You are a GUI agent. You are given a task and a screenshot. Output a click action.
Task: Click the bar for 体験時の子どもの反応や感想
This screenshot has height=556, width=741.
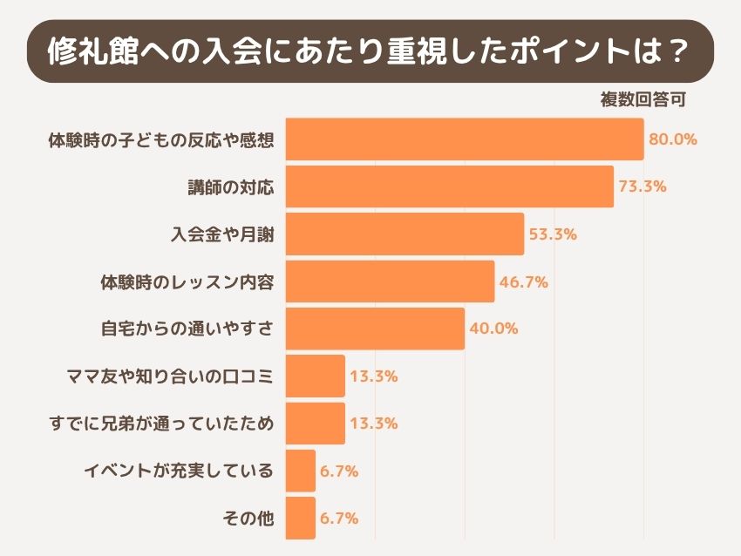(x=465, y=139)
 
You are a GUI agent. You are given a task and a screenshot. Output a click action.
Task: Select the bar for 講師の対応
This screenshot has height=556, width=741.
(x=450, y=186)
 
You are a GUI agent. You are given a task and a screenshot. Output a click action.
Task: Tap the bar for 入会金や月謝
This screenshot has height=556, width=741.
(x=405, y=234)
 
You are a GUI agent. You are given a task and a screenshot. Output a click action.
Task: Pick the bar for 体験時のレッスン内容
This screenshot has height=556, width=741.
(x=391, y=281)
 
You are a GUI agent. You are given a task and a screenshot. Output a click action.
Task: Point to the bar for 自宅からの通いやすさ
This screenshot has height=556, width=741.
(x=376, y=329)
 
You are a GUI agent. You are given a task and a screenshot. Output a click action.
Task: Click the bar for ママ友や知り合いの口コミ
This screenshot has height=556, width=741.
(x=316, y=376)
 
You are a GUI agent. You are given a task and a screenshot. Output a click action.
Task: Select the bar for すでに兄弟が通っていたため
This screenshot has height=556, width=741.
(x=316, y=424)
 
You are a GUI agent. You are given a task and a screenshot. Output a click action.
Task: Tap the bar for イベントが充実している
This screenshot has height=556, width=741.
(x=301, y=471)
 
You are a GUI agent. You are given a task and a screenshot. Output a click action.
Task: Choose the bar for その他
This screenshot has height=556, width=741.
(x=301, y=519)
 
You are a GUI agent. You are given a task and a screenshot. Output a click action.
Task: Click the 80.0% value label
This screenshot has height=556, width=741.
(x=673, y=139)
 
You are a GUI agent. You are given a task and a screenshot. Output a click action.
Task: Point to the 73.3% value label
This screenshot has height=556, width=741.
(x=642, y=186)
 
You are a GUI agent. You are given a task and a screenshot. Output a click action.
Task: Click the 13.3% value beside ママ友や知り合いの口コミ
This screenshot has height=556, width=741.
(x=374, y=376)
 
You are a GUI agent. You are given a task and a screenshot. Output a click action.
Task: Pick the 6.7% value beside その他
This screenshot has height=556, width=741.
(x=339, y=519)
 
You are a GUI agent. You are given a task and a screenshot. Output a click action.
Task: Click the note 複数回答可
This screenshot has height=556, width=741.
(x=643, y=98)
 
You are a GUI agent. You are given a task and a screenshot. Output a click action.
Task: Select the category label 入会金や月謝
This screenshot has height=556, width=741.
(x=221, y=234)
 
